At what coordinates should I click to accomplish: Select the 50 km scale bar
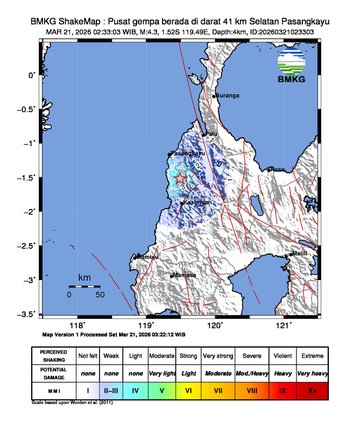point(84,286)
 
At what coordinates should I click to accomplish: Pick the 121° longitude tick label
point(283,325)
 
